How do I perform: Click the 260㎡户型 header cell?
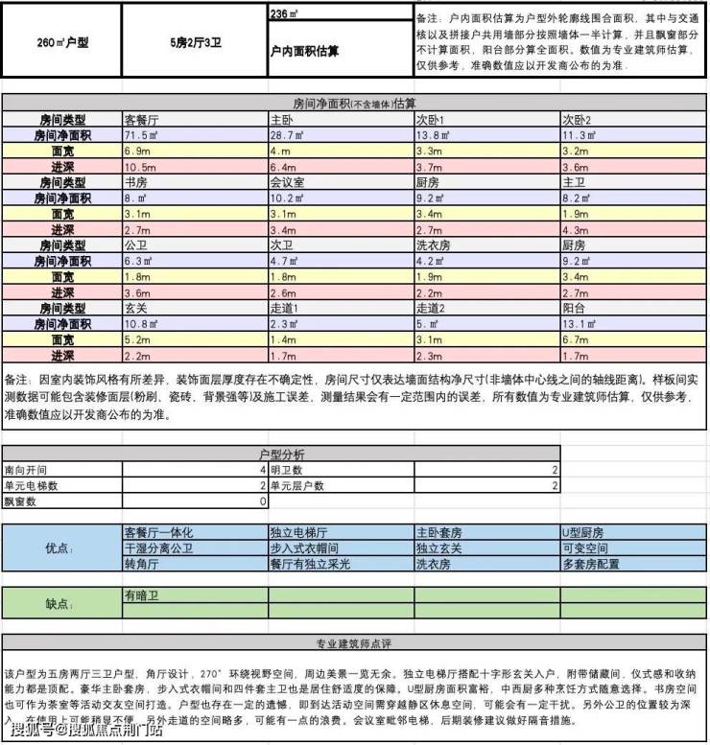[x=61, y=43]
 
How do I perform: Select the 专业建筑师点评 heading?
[x=354, y=642]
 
